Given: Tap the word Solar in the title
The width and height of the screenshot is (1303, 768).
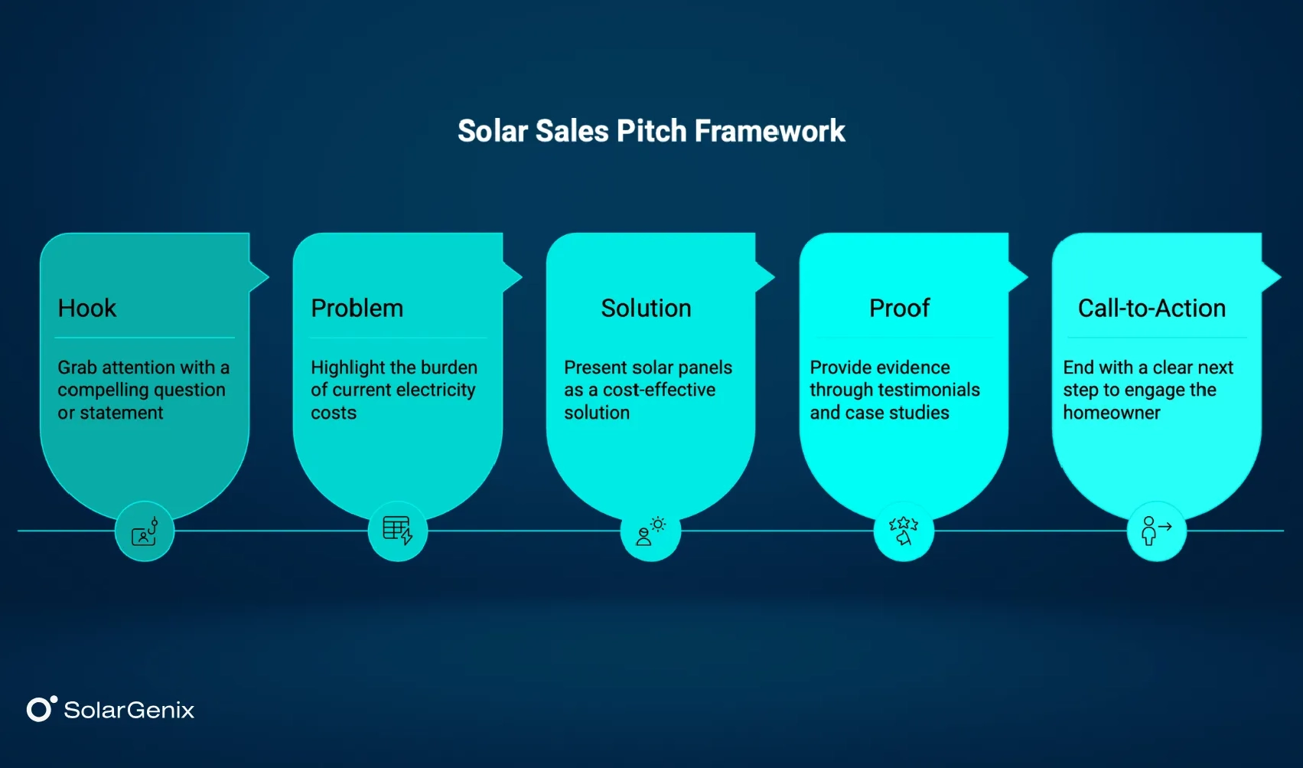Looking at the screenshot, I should tap(492, 131).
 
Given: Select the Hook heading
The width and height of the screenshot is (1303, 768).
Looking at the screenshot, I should tap(87, 308).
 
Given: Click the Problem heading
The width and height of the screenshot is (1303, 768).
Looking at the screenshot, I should tap(357, 308).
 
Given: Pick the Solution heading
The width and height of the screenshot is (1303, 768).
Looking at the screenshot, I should tap(646, 308).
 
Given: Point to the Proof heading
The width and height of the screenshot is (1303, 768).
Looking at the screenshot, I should tap(899, 308).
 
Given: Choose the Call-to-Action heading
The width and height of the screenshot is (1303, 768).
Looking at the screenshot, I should tap(1152, 308).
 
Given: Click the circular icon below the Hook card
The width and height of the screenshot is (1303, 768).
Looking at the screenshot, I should tap(145, 531).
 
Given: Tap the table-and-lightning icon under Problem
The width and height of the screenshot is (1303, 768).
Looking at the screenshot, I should tap(398, 531).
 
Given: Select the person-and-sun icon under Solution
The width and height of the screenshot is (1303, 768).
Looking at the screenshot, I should tap(650, 531).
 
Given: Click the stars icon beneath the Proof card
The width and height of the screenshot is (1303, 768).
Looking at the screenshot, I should tap(904, 531).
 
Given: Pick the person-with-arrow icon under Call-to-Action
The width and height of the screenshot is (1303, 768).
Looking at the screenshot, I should tap(1156, 531).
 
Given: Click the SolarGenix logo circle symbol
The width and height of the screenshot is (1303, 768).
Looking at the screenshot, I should tap(40, 709).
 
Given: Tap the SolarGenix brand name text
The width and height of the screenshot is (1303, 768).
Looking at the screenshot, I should tap(129, 710).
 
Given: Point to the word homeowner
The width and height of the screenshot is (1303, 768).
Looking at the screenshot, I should tap(1111, 413).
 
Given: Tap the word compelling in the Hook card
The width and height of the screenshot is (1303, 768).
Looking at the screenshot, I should tap(103, 390).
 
